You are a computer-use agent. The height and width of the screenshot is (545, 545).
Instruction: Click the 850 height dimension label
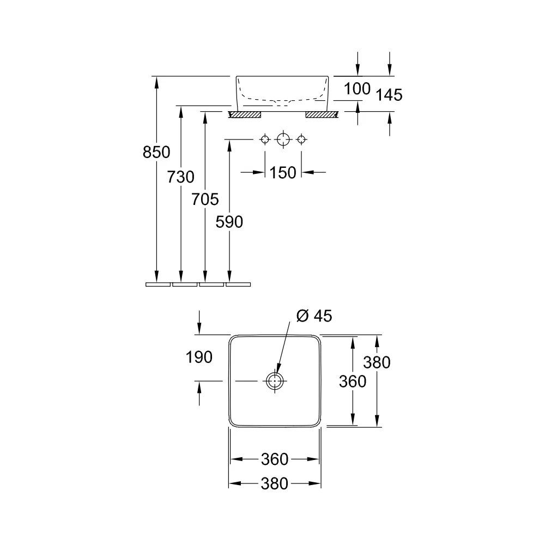click(x=156, y=152)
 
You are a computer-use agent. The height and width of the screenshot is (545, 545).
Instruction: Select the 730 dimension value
click(x=180, y=177)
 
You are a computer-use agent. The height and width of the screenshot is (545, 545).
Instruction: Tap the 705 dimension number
click(x=205, y=199)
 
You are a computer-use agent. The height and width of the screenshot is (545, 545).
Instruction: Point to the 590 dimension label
click(x=229, y=222)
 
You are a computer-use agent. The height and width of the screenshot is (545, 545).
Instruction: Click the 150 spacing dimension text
click(x=282, y=173)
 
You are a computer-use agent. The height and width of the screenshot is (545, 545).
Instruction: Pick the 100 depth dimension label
click(x=358, y=89)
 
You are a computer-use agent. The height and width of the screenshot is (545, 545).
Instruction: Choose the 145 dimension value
click(x=389, y=95)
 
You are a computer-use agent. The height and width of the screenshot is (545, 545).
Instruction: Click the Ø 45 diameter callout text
click(x=314, y=316)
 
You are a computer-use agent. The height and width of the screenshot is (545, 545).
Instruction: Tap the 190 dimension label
click(x=199, y=358)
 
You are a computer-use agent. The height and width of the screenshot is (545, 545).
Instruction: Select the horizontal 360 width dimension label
click(x=275, y=459)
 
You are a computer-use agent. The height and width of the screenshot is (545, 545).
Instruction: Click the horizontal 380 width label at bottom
click(x=275, y=484)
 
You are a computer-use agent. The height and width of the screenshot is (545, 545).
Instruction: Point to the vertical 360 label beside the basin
click(x=353, y=381)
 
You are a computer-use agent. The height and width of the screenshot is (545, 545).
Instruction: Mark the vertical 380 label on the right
click(x=377, y=362)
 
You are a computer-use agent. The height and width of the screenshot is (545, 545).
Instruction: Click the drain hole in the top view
click(x=275, y=381)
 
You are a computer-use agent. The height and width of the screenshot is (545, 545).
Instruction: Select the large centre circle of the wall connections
click(x=283, y=140)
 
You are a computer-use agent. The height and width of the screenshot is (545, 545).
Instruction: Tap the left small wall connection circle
click(x=265, y=140)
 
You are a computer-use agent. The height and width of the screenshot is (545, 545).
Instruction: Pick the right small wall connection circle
click(x=301, y=140)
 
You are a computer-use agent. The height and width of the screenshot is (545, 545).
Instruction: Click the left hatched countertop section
click(x=245, y=114)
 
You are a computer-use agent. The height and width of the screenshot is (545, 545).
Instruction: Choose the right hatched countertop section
click(x=322, y=114)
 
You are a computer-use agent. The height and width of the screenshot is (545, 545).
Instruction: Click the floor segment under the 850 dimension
click(x=158, y=284)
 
